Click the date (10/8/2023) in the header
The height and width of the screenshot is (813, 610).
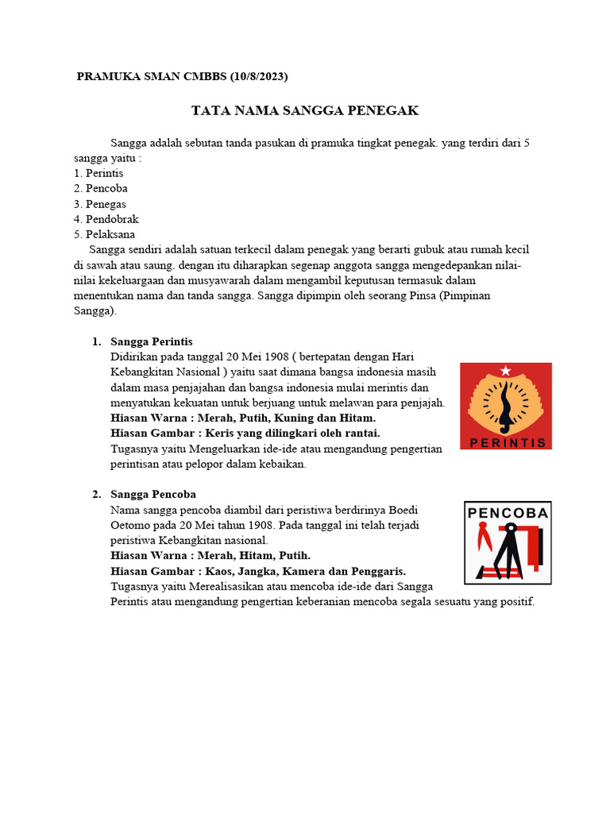click(258, 77)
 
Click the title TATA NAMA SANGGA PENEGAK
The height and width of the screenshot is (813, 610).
click(304, 110)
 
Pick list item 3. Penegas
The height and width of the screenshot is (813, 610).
click(99, 204)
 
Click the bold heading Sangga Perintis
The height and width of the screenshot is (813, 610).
click(152, 341)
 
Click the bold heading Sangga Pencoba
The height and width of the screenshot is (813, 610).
click(153, 495)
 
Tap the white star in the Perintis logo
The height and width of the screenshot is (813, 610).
click(505, 370)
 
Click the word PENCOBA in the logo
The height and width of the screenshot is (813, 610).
click(508, 513)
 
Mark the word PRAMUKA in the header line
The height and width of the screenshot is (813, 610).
click(107, 77)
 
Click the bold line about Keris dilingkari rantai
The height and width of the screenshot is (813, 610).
click(245, 433)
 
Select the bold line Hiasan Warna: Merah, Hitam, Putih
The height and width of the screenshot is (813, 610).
click(210, 555)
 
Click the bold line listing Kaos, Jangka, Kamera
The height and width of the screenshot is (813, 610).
click(258, 571)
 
